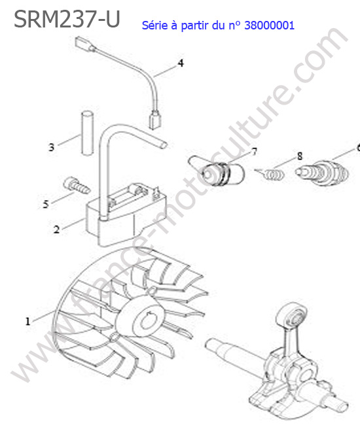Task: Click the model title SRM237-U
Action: [x=67, y=19]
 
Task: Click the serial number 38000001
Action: [x=269, y=25]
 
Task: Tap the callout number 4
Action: [x=181, y=63]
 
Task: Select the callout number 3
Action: [x=51, y=147]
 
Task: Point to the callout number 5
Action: [x=46, y=204]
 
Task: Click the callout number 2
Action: [x=56, y=229]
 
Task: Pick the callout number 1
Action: [x=27, y=322]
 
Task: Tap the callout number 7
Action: [x=254, y=152]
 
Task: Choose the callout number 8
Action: [x=300, y=156]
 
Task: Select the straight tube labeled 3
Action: [x=87, y=133]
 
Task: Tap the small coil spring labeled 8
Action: [x=270, y=174]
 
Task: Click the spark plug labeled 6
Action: [x=322, y=173]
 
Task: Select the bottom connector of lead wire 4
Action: [x=155, y=120]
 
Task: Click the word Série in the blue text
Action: [x=155, y=25]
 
